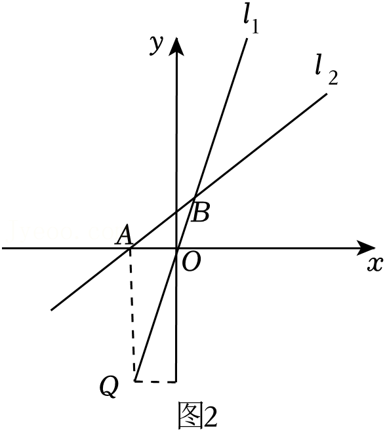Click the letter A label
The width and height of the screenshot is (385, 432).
pyautogui.click(x=124, y=235)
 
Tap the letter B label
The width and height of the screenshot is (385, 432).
pyautogui.click(x=201, y=212)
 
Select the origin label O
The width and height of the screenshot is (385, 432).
pyautogui.click(x=192, y=262)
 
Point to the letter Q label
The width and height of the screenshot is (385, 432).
pyautogui.click(x=110, y=387)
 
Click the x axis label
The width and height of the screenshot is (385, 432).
pyautogui.click(x=375, y=264)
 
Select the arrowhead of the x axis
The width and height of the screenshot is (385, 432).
pyautogui.click(x=366, y=248)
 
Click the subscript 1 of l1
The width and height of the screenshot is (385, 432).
pyautogui.click(x=255, y=27)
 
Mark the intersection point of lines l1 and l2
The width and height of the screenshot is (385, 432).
pyautogui.click(x=195, y=197)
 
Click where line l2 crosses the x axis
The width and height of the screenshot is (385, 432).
pyautogui.click(x=130, y=248)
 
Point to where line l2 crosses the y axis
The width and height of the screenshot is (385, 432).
pyautogui.click(x=176, y=212)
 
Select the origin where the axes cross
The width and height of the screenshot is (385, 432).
pyautogui.click(x=176, y=248)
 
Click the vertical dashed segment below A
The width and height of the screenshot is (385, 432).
pyautogui.click(x=132, y=315)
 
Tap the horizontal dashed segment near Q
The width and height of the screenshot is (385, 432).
pyautogui.click(x=155, y=382)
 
